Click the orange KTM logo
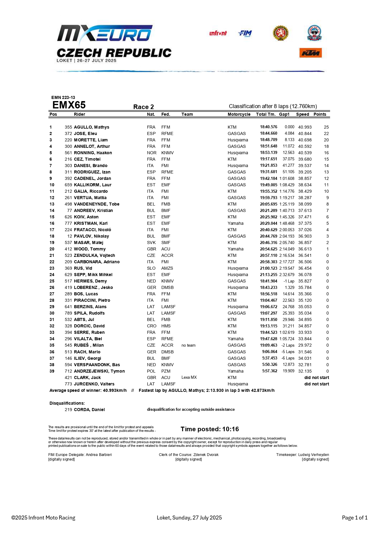click(311, 53)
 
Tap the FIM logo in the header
click(245, 33)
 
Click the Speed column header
click(302, 114)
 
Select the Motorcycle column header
click(239, 114)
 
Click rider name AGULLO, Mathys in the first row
click(91, 127)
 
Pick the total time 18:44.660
click(268, 133)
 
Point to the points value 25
click(326, 127)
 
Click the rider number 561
click(68, 153)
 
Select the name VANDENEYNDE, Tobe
click(97, 204)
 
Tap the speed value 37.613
click(305, 210)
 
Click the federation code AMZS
click(167, 268)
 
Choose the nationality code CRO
click(151, 326)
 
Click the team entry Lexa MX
click(189, 377)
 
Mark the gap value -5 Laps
click(288, 352)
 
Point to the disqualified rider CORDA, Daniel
click(89, 410)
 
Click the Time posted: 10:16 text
click(210, 429)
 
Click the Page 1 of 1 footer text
click(355, 518)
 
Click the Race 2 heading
click(143, 107)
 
